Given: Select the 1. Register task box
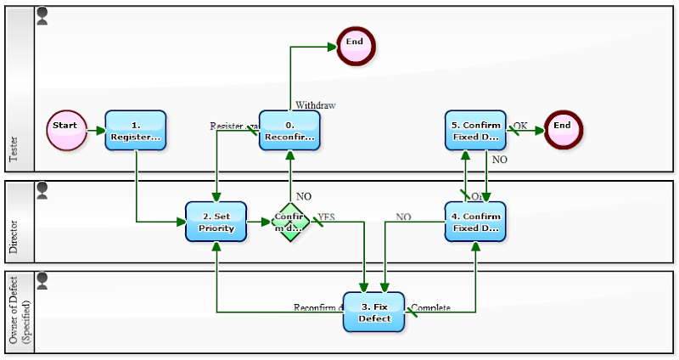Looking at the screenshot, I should coord(136,131).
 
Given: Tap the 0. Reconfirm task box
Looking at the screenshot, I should coord(289,131).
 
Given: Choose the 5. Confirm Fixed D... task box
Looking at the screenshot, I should coord(475,131).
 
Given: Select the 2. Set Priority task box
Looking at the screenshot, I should coord(216,222).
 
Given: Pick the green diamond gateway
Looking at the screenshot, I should coord(290,222).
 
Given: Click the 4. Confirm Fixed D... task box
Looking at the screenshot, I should coord(475,222).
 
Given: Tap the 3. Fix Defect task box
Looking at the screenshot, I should coord(373,312).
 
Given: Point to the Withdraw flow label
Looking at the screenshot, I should coord(315,105).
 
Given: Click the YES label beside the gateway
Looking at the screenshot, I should coord(326,217).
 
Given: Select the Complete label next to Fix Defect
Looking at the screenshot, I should coord(430,307).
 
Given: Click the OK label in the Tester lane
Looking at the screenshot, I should coord(519,126).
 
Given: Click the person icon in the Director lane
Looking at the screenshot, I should coord(42,189).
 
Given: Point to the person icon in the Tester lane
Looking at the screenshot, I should coord(42,15).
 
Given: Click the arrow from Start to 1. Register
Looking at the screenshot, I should coord(96,131).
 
